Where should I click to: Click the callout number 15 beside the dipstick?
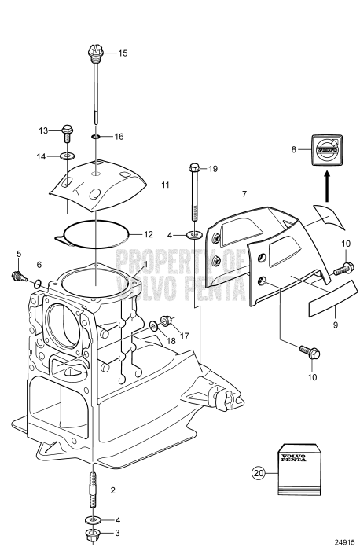pos(122,53)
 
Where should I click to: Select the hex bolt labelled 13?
pos(68,130)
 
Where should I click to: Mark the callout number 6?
pos(39,265)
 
